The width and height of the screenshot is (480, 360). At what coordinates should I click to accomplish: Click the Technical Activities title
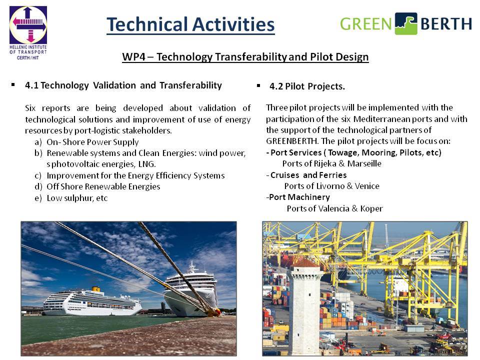click(x=190, y=24)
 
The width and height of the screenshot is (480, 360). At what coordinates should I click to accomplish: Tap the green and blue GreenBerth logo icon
click(x=406, y=23)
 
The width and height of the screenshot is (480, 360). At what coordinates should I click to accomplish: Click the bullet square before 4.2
click(x=258, y=85)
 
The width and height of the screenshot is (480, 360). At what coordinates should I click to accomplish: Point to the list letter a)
click(x=38, y=142)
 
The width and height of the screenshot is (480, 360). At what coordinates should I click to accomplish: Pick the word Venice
click(x=367, y=186)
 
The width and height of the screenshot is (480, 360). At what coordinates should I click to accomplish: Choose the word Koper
click(x=371, y=209)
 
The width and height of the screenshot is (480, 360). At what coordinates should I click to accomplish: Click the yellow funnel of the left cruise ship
click(x=96, y=289)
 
